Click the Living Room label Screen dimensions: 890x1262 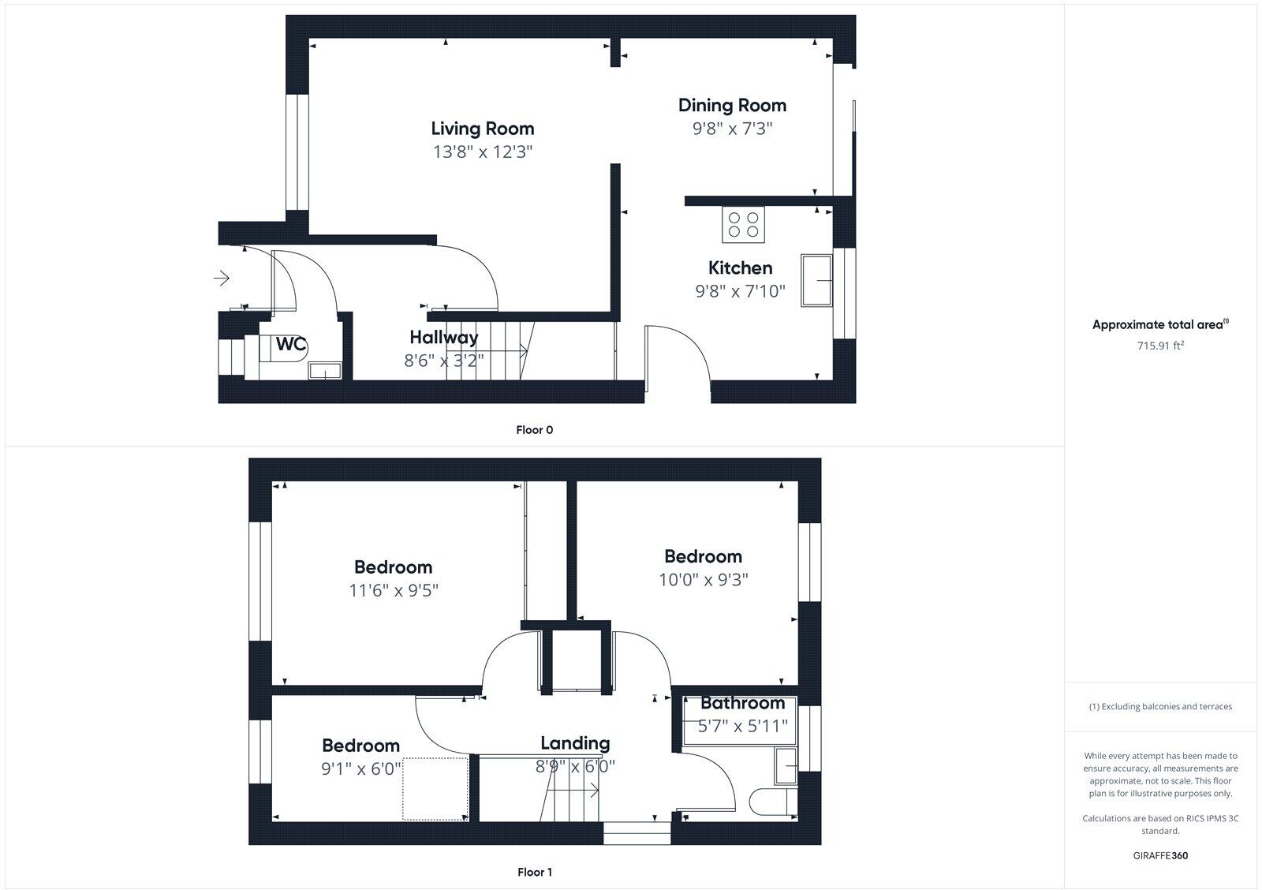click(x=482, y=129)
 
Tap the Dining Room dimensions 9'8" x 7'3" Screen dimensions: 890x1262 click(x=732, y=129)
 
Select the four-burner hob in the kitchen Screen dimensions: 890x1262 click(x=743, y=224)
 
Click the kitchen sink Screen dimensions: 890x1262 click(x=817, y=280)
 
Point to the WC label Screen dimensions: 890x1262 click(x=290, y=345)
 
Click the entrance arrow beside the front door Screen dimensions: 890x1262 click(x=222, y=278)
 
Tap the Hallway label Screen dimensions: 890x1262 click(x=443, y=338)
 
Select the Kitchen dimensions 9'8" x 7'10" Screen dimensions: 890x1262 click(x=740, y=291)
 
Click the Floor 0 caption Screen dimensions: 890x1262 click(x=534, y=430)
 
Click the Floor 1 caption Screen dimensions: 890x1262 click(x=534, y=872)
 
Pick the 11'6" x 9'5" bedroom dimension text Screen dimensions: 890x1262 click(x=393, y=590)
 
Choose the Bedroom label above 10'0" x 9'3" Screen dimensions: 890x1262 click(x=703, y=556)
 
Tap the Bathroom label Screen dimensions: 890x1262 click(x=742, y=703)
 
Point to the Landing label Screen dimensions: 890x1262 click(x=574, y=743)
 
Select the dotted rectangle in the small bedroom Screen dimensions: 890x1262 click(x=435, y=788)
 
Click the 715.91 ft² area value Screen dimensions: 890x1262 click(x=1160, y=346)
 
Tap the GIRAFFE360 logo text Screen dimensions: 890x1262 click(x=1160, y=855)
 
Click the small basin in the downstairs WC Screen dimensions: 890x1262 click(x=324, y=370)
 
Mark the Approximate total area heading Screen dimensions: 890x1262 click(x=1160, y=324)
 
